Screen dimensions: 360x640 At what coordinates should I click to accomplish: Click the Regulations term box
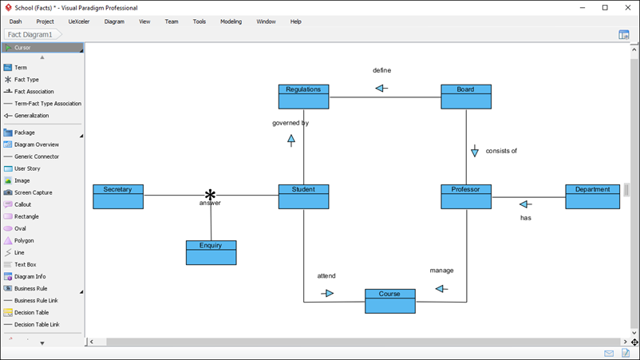click(x=303, y=97)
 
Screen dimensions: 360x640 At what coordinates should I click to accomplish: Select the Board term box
click(x=466, y=97)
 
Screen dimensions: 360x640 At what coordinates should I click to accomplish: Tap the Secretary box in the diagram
click(x=118, y=196)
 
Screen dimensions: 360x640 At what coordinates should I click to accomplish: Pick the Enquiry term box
click(x=211, y=252)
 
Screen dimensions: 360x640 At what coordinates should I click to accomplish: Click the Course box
click(x=389, y=301)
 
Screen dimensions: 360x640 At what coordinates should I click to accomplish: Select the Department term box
click(x=592, y=196)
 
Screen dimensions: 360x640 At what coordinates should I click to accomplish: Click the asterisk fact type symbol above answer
click(x=211, y=195)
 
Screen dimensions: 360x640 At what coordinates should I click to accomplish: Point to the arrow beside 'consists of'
click(x=475, y=152)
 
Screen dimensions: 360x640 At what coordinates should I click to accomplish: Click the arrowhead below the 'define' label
click(x=381, y=88)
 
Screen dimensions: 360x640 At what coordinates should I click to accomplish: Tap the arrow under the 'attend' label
click(x=327, y=293)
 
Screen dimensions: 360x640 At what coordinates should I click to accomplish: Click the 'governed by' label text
click(x=290, y=123)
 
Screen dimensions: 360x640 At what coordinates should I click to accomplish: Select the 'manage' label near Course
click(x=441, y=271)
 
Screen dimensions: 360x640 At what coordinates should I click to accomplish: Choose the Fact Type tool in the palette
click(x=26, y=80)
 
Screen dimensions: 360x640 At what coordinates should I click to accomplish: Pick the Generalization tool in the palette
click(x=31, y=116)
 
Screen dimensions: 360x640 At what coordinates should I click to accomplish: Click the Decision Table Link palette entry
click(x=37, y=325)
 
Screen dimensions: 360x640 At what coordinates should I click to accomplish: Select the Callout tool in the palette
click(x=23, y=204)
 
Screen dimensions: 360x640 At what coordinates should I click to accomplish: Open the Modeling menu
click(x=231, y=22)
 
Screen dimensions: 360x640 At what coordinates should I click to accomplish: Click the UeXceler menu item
click(x=79, y=22)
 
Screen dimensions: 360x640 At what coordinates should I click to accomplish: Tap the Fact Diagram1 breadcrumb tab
click(x=30, y=35)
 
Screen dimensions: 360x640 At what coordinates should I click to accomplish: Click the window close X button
click(x=626, y=7)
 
